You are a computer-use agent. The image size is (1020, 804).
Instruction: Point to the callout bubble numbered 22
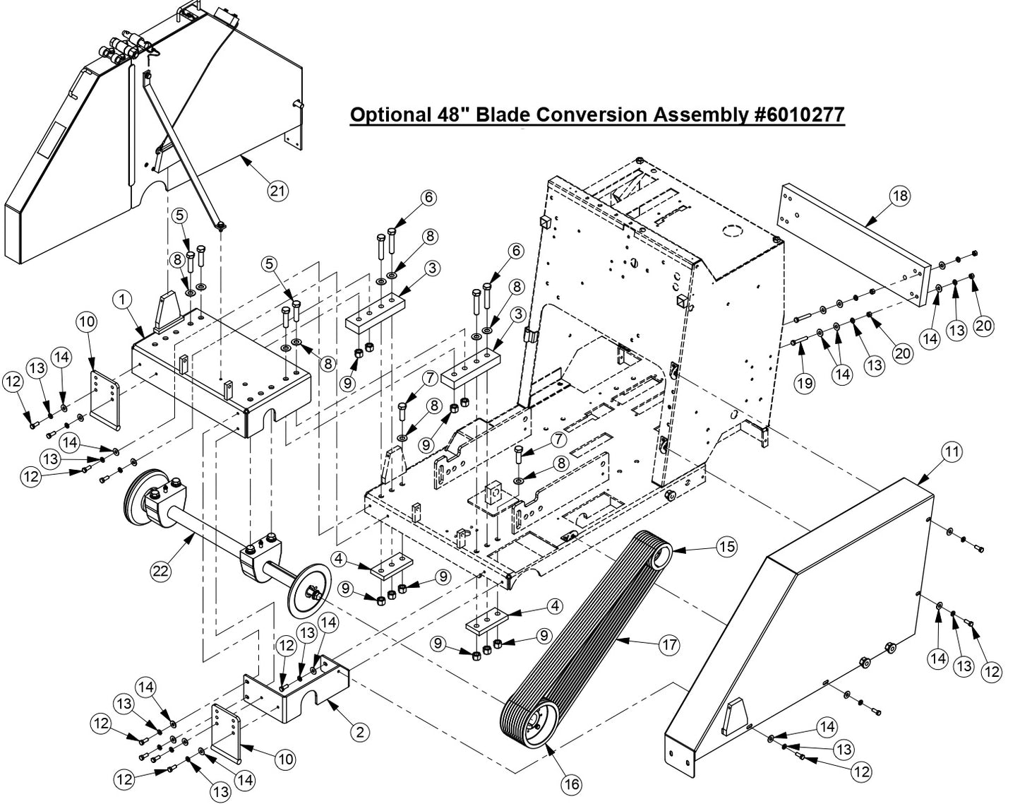161,571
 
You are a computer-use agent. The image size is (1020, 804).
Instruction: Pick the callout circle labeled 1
123,300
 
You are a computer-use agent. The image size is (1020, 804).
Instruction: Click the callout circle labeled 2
360,732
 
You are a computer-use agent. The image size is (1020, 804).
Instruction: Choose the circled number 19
804,383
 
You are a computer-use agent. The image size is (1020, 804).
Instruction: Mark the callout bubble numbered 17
669,644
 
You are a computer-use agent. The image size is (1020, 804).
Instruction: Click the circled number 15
726,546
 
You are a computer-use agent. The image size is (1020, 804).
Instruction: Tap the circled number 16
571,784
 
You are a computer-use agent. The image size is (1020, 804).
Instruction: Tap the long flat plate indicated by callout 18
851,244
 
